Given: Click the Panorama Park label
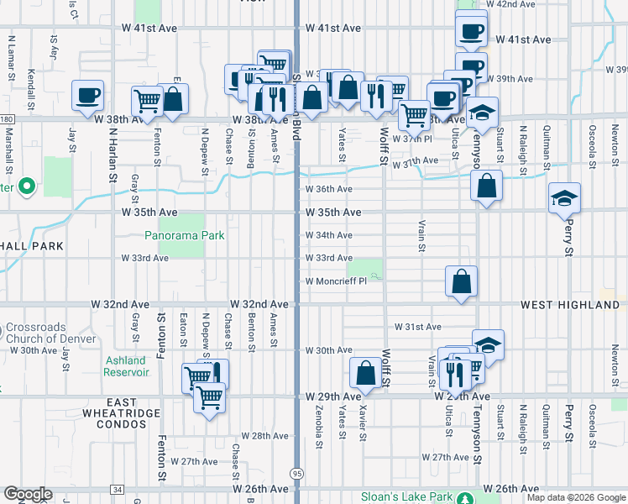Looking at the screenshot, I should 184,236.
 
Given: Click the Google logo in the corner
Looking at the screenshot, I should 27,494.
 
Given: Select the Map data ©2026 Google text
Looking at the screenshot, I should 575,497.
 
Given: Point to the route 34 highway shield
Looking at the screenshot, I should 117,489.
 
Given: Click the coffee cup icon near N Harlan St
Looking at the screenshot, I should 87,95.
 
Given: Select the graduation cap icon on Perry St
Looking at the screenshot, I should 564,198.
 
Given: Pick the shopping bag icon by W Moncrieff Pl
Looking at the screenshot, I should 461,281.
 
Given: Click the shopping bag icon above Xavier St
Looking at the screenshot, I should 365,371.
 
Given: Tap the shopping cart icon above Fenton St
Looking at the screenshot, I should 148,100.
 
